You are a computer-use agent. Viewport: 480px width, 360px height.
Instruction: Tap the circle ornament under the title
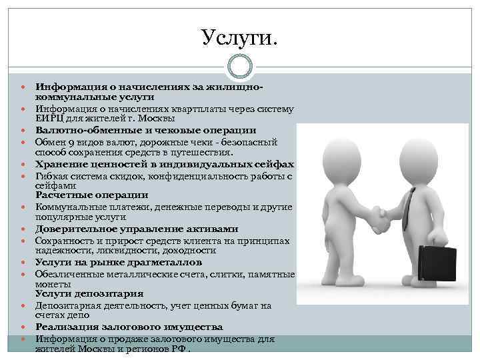[x=240, y=66]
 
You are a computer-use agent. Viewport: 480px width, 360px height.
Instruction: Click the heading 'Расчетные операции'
[x=92, y=195]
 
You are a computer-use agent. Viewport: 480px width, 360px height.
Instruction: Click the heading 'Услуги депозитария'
[x=89, y=293]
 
